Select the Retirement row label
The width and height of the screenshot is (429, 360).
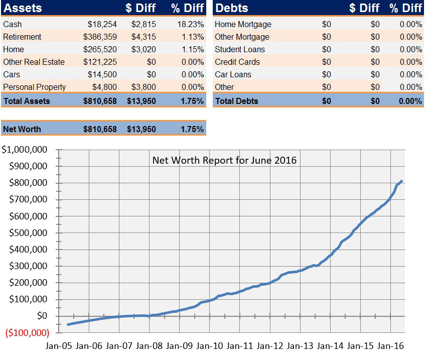coord(22,37)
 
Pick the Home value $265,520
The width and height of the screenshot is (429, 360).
coord(100,49)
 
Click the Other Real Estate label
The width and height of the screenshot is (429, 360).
coord(34,62)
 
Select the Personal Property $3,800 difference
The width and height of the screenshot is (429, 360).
coord(144,87)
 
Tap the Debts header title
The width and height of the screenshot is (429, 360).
coord(232,8)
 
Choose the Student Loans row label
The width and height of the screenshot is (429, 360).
coord(239,49)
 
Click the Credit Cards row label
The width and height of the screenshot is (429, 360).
coord(237,62)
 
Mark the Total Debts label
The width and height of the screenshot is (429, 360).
coord(236,101)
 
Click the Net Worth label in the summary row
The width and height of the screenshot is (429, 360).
coord(22,129)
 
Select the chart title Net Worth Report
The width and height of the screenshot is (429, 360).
coord(224,161)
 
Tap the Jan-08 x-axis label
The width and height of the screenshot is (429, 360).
coord(149,346)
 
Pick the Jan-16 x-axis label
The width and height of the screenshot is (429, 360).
coord(390,346)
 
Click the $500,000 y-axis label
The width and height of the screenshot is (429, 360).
coord(29,233)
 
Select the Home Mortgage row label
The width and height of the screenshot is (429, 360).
coord(243,24)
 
